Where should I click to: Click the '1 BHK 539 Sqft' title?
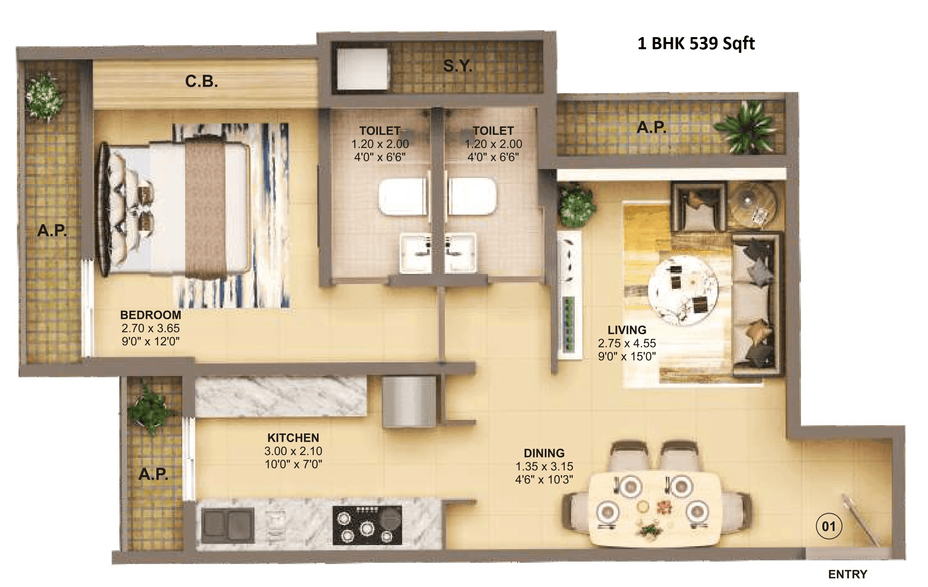click(x=696, y=44)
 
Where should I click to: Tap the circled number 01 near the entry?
click(x=828, y=526)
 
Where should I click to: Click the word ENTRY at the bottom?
click(x=847, y=574)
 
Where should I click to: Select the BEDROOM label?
click(x=150, y=315)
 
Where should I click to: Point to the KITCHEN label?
click(x=293, y=438)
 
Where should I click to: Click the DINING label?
click(x=544, y=453)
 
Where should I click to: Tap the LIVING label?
click(x=627, y=330)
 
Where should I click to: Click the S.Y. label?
click(x=457, y=66)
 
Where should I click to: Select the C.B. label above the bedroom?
click(x=201, y=81)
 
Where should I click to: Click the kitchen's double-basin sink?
click(x=228, y=526)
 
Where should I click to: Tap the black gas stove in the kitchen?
click(x=367, y=525)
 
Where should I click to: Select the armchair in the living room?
click(x=699, y=207)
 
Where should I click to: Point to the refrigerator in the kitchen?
click(x=409, y=401)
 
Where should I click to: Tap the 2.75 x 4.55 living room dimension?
click(x=627, y=343)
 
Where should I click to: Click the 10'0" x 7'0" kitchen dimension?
click(x=293, y=464)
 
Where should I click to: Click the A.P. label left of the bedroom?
click(x=52, y=231)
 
